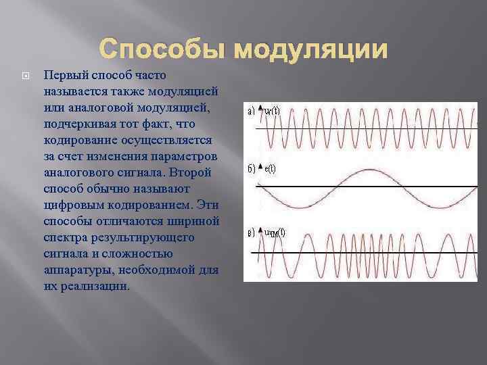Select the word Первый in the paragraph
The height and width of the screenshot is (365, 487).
click(x=62, y=74)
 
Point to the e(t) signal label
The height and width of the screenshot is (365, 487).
click(x=269, y=168)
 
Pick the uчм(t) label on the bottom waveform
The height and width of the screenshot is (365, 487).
click(x=274, y=233)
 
